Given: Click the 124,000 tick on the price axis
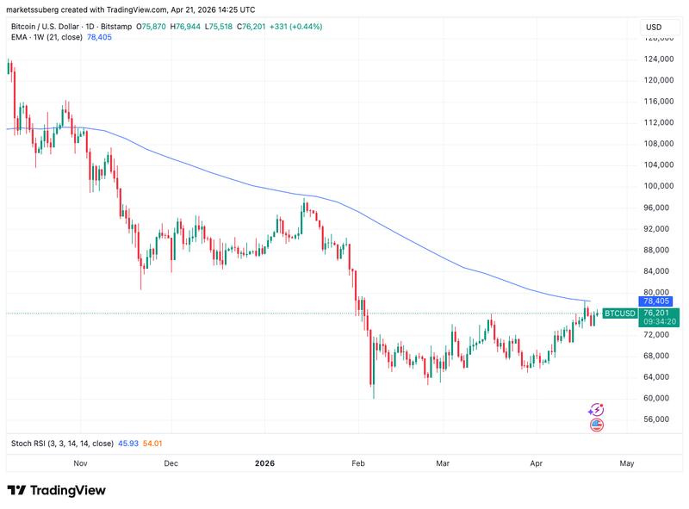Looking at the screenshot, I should [658, 59].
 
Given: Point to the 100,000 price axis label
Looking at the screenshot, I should [658, 186].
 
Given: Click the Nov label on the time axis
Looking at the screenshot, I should [80, 463].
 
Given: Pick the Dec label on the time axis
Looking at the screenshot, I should [171, 463].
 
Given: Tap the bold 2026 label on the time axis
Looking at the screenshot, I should [264, 463].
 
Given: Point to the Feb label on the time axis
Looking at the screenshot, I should [359, 463].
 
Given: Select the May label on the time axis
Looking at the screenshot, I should [627, 463].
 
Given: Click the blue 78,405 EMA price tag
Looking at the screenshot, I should [655, 301].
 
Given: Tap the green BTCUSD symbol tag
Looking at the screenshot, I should [619, 313].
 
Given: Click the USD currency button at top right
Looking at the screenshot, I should [654, 28].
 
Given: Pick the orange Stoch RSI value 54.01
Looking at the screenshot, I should [153, 444].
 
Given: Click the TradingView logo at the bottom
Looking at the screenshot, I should [57, 490].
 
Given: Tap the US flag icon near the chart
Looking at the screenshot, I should [596, 425].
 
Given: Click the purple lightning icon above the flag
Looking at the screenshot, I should [596, 410].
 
